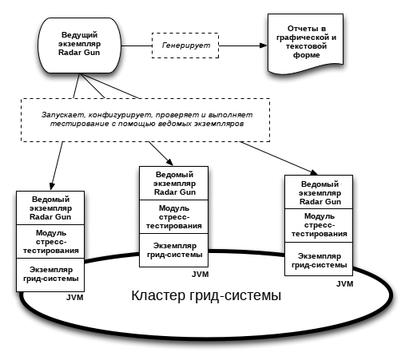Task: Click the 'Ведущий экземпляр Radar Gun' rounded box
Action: [79, 45]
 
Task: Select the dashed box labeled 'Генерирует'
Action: [185, 45]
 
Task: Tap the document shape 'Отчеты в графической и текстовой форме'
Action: [305, 43]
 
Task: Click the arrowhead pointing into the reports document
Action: [264, 45]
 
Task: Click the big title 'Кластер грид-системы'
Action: [206, 295]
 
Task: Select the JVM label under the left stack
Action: [75, 298]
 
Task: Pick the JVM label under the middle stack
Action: [201, 275]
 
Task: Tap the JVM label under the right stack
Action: [345, 284]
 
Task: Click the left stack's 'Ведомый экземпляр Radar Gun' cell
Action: [50, 208]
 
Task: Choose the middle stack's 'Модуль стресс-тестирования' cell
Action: [174, 217]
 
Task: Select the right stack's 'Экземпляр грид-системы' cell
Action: [319, 259]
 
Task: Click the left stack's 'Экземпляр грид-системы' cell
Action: [50, 275]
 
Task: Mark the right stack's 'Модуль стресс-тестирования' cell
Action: [319, 225]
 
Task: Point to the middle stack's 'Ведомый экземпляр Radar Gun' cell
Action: [174, 184]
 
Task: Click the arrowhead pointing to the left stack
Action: [52, 186]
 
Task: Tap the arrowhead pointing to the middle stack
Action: [170, 162]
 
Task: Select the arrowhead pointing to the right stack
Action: [314, 172]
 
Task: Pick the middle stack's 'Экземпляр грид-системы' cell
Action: [174, 251]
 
